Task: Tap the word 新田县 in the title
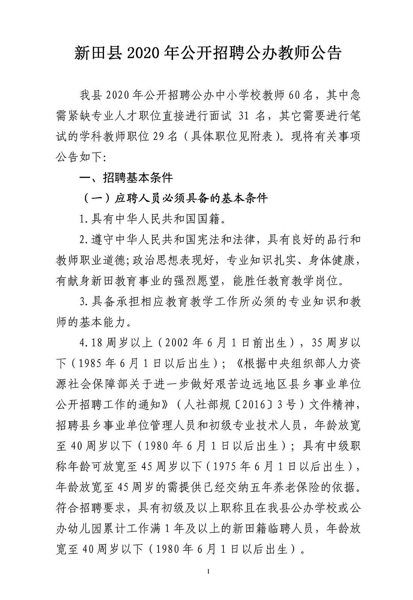click(96, 53)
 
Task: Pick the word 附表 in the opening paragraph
click(261, 137)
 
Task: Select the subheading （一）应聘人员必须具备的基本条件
click(173, 198)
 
